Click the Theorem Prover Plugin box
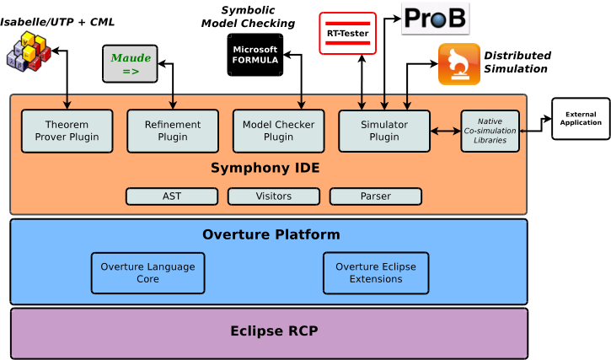67,131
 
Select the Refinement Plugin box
173,131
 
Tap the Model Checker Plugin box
279,131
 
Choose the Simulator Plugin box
384,131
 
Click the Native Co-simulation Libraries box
490,131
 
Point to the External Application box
581,119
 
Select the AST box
172,196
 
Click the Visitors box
274,196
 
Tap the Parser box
376,196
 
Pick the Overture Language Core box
147,273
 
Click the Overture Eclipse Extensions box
376,273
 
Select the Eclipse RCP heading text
275,330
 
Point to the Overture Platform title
271,234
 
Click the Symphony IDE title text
265,168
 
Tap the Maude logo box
130,63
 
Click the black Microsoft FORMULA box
255,55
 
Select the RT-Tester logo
347,34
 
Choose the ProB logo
435,19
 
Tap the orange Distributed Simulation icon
459,64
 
